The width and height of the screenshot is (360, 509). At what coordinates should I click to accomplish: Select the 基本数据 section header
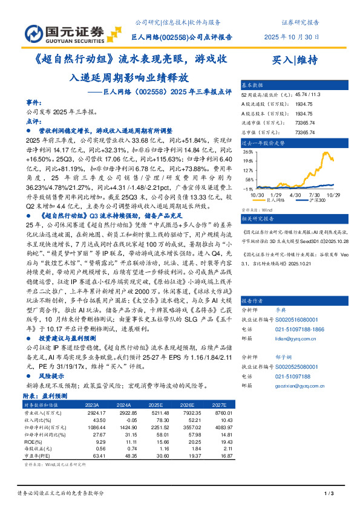pyautogui.click(x=252, y=85)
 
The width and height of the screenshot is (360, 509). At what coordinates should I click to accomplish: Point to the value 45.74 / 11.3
pyautogui.click(x=309, y=94)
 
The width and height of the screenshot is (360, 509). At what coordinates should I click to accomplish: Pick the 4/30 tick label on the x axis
pyautogui.click(x=296, y=195)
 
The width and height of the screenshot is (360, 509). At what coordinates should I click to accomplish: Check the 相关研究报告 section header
pyautogui.click(x=257, y=218)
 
